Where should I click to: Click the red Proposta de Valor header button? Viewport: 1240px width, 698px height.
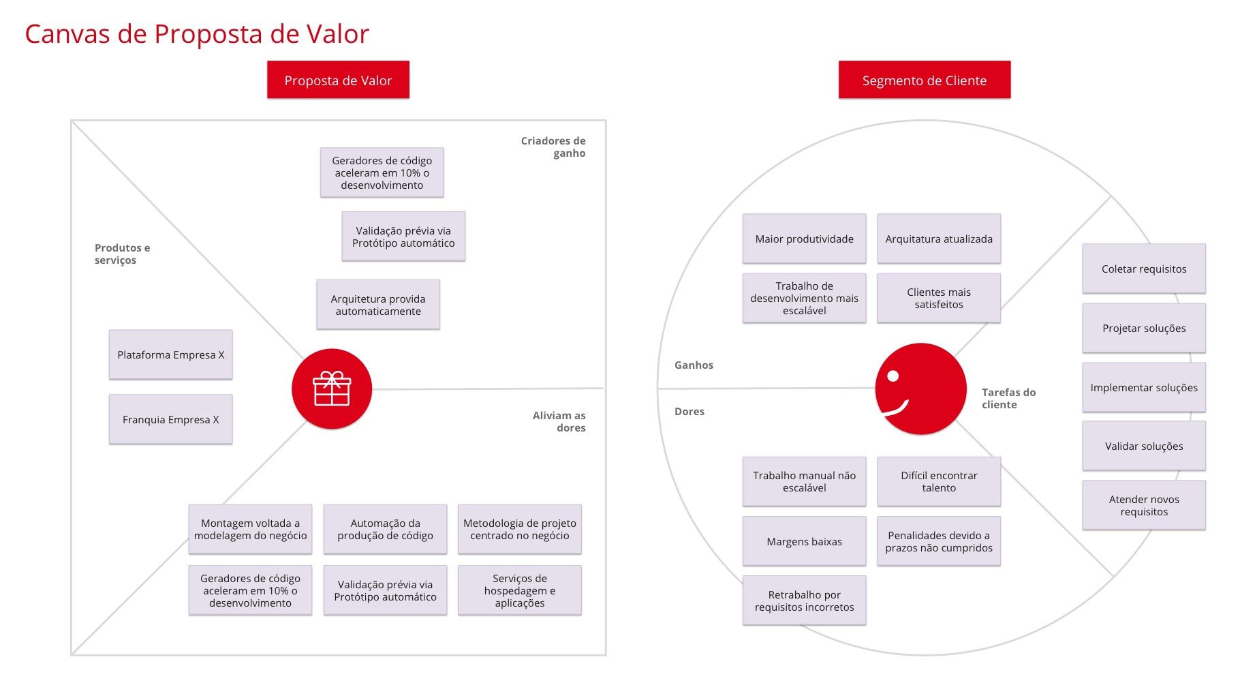tap(338, 80)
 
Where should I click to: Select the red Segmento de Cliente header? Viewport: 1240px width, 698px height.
tap(924, 80)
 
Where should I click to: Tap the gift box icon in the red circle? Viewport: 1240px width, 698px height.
tap(332, 389)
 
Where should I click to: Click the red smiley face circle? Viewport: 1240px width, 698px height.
tap(920, 389)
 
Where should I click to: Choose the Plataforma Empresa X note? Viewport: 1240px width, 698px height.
tap(170, 354)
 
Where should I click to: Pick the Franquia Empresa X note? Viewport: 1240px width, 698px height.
tap(170, 419)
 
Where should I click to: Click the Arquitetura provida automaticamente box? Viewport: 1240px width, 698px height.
tap(377, 305)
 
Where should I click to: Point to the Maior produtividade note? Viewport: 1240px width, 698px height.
tap(804, 239)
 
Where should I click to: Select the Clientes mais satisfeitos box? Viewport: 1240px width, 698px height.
tap(938, 298)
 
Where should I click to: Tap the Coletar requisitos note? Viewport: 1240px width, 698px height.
tap(1143, 269)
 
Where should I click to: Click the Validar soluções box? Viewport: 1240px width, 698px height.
tap(1143, 446)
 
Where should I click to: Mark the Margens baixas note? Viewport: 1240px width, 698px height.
tap(804, 541)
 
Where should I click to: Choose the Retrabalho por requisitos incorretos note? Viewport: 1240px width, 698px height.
tap(804, 601)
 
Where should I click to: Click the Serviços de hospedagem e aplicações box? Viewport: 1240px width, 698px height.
tap(519, 590)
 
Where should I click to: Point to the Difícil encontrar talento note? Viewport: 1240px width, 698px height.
tap(938, 481)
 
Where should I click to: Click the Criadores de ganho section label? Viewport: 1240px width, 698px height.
tap(553, 147)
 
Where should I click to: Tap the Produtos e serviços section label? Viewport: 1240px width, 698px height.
tap(122, 254)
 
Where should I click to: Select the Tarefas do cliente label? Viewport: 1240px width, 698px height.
tap(1008, 398)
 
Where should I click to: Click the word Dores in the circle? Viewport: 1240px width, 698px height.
tap(689, 411)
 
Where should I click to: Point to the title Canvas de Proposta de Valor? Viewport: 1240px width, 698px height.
tap(196, 33)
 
